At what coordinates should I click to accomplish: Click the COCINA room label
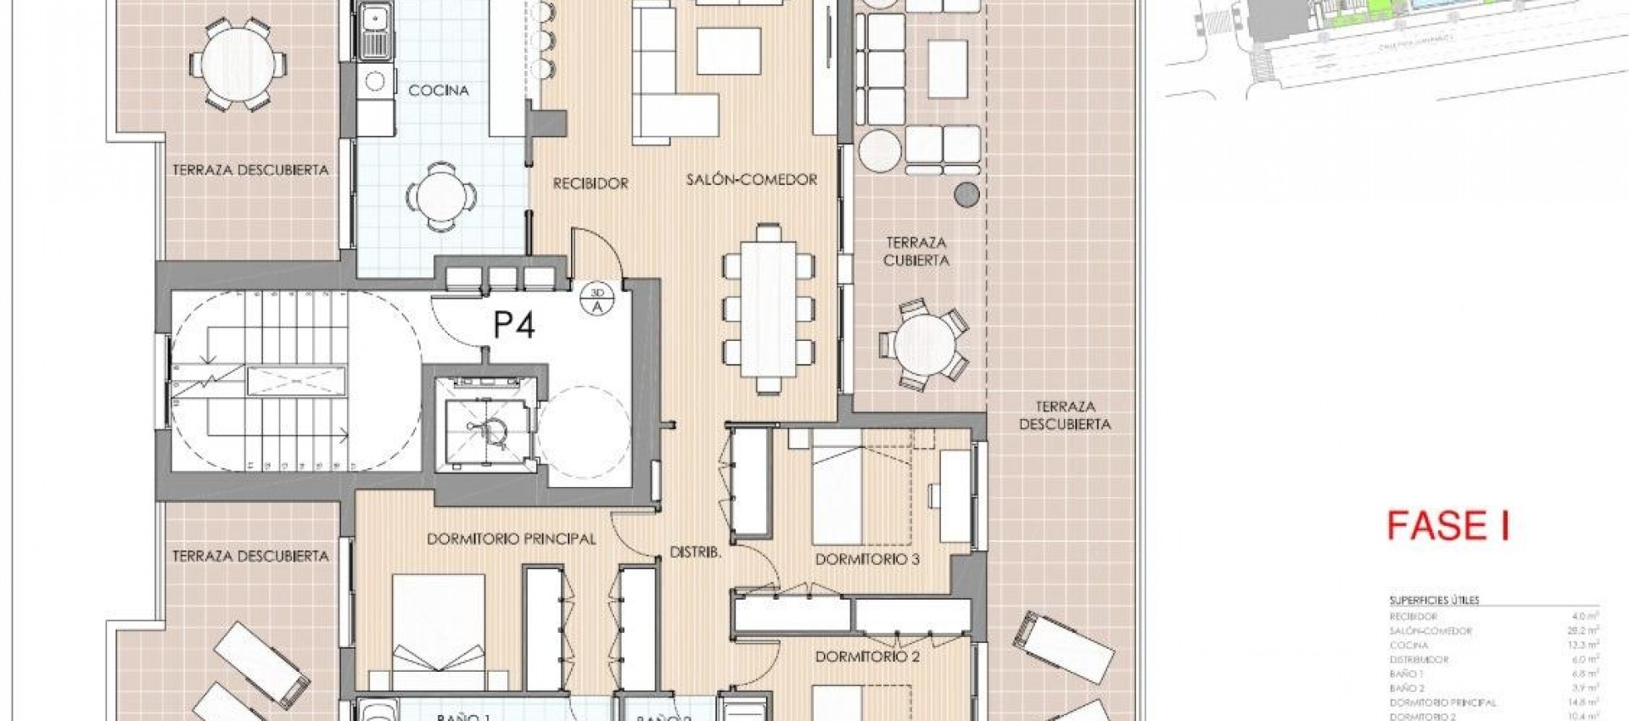point(439,91)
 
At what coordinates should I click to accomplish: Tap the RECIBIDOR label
point(591,183)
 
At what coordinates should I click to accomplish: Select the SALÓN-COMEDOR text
point(751,180)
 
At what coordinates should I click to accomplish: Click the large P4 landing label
point(514,325)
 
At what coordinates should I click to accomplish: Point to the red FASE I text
point(1447,527)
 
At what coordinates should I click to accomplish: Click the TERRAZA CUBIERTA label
point(915,252)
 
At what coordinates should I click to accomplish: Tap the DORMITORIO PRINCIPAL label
point(511,539)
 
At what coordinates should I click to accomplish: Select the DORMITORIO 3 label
point(867,560)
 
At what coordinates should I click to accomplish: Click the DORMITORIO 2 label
point(867,657)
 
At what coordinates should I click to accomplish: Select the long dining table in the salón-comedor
point(768,308)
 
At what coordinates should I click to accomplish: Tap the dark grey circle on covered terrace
point(966,195)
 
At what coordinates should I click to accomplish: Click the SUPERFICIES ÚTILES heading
point(1434,601)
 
